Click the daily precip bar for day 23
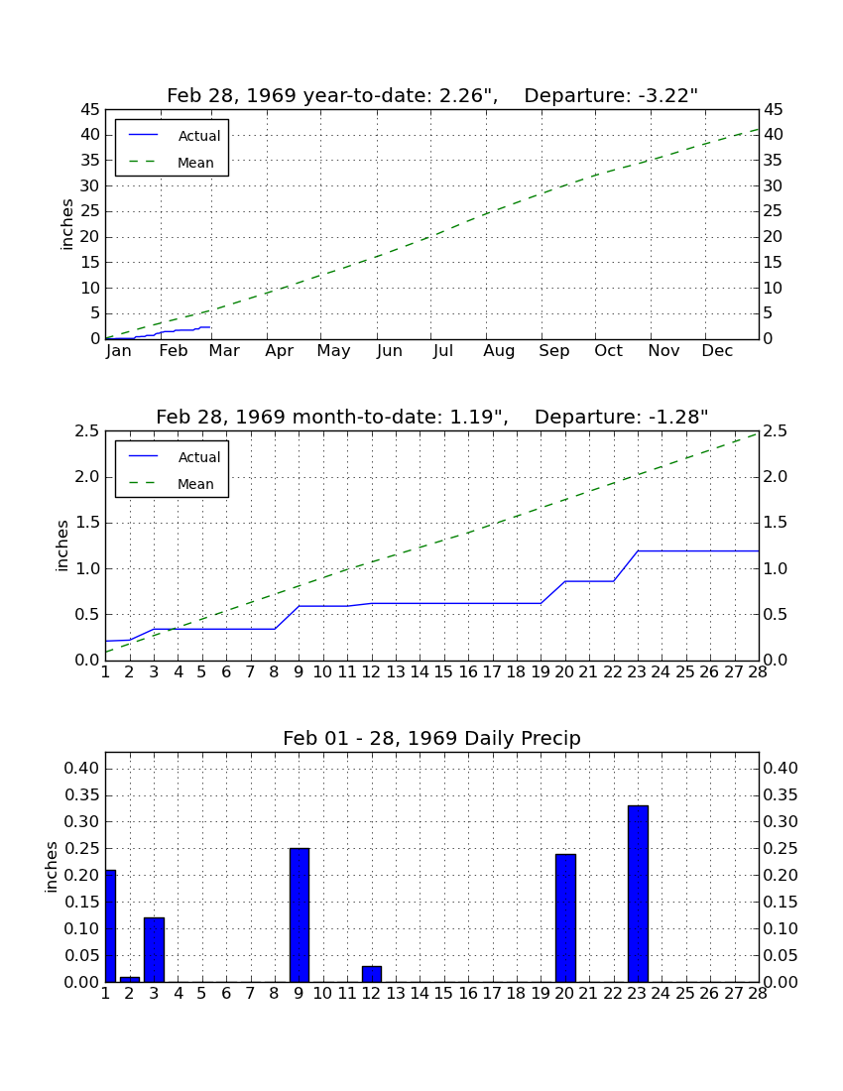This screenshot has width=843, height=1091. click(638, 894)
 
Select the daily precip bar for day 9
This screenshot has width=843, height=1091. click(300, 915)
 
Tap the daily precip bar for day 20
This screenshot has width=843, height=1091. click(565, 917)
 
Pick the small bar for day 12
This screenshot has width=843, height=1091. click(372, 973)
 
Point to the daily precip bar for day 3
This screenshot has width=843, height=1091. click(154, 950)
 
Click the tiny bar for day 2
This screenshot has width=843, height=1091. click(129, 979)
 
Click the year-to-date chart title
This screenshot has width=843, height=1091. click(432, 95)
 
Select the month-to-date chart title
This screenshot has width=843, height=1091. click(432, 417)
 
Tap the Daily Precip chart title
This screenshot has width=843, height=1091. click(432, 738)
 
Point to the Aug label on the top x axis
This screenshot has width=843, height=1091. click(500, 351)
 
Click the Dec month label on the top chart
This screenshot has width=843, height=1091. click(717, 351)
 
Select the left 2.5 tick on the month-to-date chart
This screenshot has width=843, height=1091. click(87, 431)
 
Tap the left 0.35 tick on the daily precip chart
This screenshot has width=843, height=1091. click(82, 795)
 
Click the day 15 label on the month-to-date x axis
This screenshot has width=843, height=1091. click(443, 672)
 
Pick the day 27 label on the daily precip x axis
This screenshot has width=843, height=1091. click(734, 994)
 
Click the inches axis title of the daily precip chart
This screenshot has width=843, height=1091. click(51, 867)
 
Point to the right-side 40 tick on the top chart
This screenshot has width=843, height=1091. click(774, 135)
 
